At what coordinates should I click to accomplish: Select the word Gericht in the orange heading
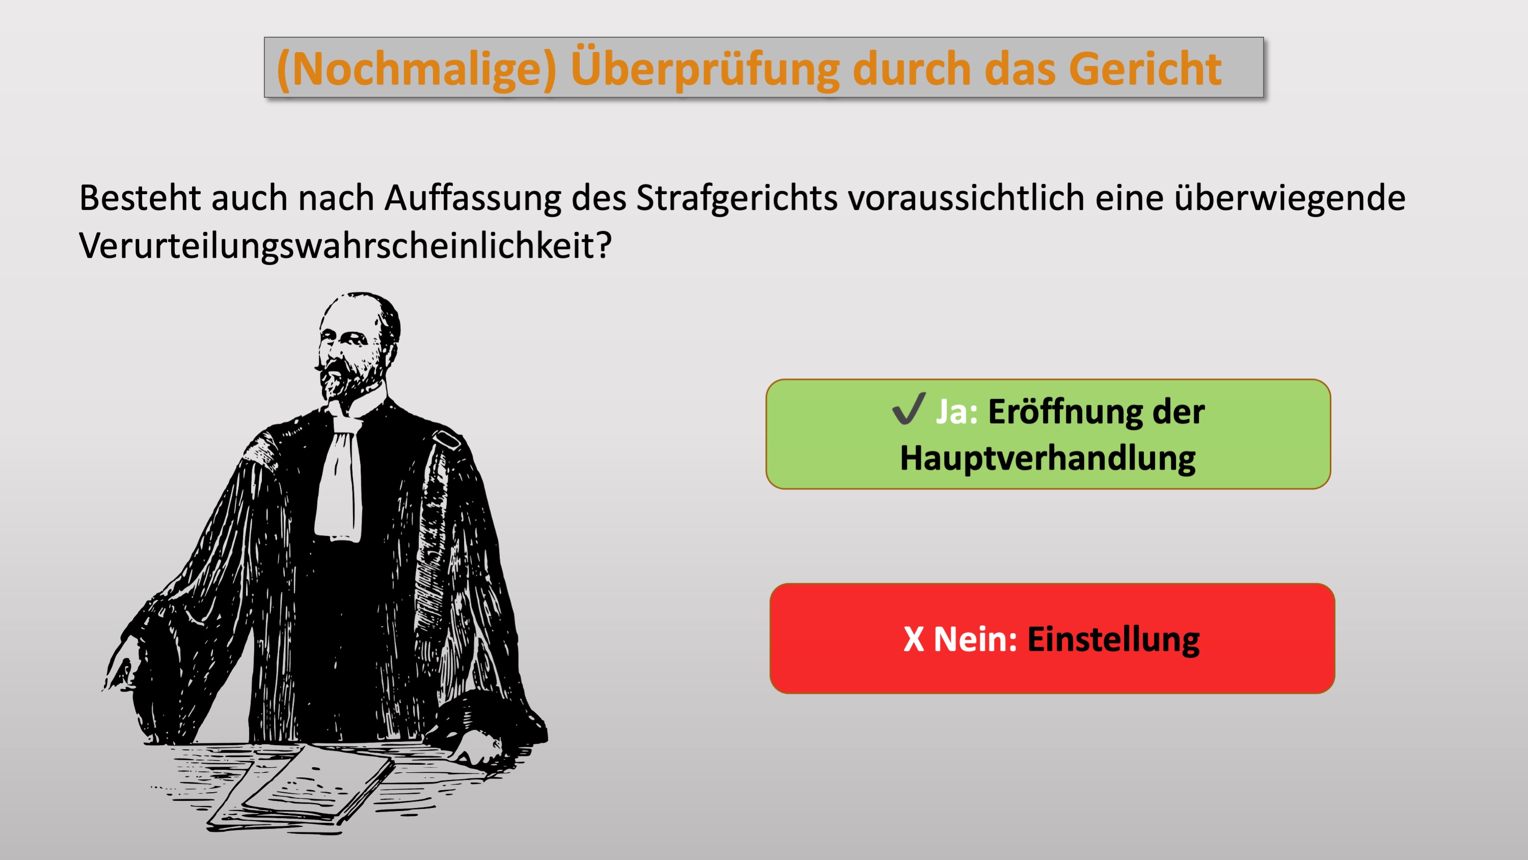[x=1145, y=69]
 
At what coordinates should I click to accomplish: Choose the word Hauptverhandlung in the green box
[x=1048, y=459]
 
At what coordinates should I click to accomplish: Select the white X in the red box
[x=914, y=639]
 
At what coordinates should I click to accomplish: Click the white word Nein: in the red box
[x=976, y=639]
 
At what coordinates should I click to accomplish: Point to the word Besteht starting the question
[x=140, y=198]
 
